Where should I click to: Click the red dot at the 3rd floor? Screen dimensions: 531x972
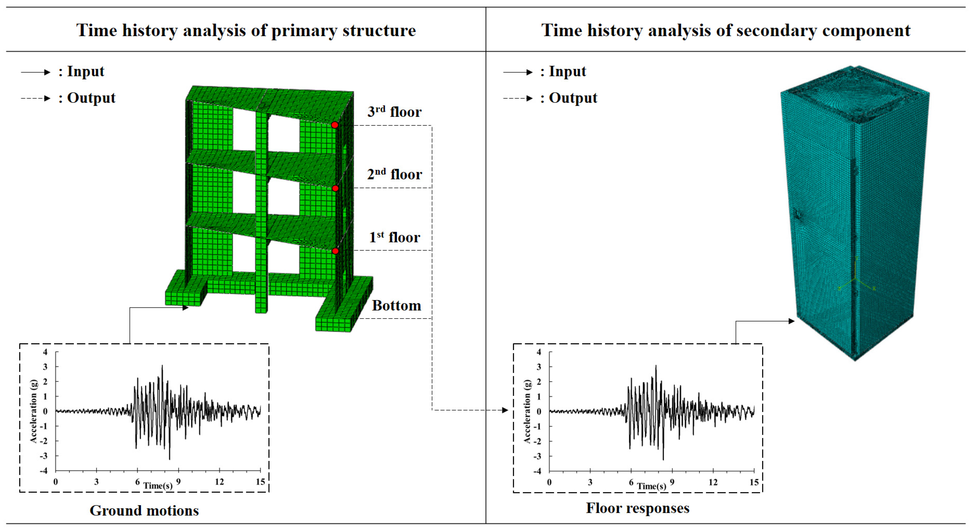click(x=335, y=125)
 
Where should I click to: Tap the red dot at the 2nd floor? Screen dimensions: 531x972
click(x=335, y=188)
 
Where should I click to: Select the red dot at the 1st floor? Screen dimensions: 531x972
click(x=335, y=251)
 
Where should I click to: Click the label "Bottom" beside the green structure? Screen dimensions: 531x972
click(x=396, y=305)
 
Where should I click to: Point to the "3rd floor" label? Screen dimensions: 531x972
click(x=394, y=112)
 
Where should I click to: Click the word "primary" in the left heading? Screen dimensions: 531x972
click(x=304, y=31)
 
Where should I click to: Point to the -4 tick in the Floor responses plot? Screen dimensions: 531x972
click(x=537, y=471)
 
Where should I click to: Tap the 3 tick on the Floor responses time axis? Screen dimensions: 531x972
click(x=590, y=482)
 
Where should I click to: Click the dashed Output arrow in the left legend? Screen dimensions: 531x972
click(x=36, y=99)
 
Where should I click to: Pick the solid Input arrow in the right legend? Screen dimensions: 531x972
click(x=518, y=72)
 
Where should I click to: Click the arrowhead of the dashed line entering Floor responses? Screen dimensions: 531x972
click(x=505, y=410)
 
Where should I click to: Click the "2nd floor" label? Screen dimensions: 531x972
click(x=394, y=174)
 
